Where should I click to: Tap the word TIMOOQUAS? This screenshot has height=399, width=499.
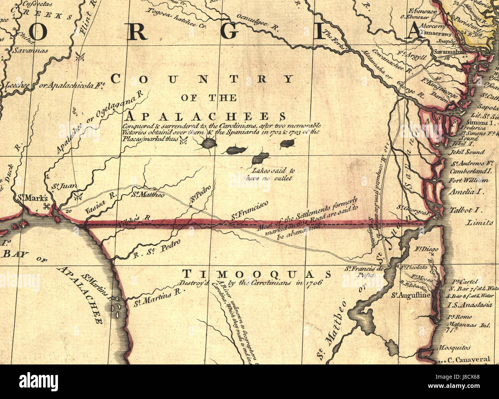(256, 274)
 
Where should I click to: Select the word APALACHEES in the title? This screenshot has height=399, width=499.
(207, 116)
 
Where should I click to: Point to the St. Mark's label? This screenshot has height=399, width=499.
(33, 198)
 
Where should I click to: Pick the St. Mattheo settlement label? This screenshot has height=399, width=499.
(148, 195)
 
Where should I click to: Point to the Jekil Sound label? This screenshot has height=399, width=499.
(467, 152)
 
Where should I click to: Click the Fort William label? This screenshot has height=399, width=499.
(469, 180)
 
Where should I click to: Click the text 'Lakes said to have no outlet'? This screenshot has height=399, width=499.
(273, 174)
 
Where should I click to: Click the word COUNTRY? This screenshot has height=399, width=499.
(202, 79)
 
